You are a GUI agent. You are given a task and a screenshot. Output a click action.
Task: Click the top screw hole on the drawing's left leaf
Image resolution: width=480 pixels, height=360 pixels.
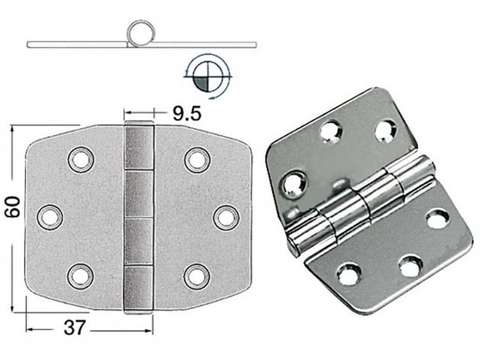click(x=79, y=159)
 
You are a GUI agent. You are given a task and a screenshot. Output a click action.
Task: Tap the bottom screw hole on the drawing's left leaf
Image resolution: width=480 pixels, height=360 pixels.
click(x=79, y=275)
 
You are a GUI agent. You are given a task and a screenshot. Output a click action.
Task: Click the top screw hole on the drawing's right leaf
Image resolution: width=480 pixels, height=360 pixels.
click(x=196, y=159)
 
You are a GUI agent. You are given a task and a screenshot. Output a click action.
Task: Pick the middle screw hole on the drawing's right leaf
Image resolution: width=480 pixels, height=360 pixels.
click(x=226, y=217)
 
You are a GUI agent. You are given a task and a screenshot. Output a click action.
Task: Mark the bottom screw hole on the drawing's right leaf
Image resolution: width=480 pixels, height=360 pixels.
click(x=196, y=275)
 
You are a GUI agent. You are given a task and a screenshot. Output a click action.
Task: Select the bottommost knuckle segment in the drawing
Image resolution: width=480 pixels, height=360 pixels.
click(x=139, y=289)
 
